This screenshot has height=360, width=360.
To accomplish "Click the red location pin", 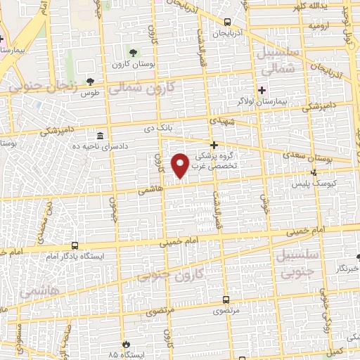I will click(x=181, y=165).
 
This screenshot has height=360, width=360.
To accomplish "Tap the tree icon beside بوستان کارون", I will click(x=134, y=52).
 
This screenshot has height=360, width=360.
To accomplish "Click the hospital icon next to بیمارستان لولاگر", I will click(x=262, y=91).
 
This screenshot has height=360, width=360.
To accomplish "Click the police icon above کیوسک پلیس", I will click(x=314, y=172).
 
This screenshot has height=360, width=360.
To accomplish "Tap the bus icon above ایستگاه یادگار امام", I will click(x=75, y=246).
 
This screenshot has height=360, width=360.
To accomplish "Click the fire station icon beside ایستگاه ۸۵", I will click(x=125, y=345).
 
